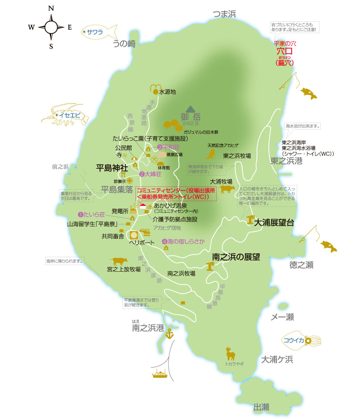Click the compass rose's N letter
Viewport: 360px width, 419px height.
(51, 8)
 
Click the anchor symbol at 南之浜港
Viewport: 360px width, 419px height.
(169, 334)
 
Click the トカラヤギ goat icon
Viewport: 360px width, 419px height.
(230, 354)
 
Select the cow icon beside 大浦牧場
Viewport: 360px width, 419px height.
(227, 189)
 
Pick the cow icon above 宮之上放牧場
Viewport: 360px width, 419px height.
(119, 261)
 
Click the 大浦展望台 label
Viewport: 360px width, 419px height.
(274, 223)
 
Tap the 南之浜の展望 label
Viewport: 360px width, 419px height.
(236, 257)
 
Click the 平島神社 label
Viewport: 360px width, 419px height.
(114, 167)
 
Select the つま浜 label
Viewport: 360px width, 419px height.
(225, 14)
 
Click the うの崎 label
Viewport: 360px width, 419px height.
(124, 44)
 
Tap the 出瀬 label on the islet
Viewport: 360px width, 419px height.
(261, 408)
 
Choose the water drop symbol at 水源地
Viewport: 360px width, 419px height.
(155, 92)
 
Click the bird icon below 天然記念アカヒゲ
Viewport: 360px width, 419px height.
(210, 154)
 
